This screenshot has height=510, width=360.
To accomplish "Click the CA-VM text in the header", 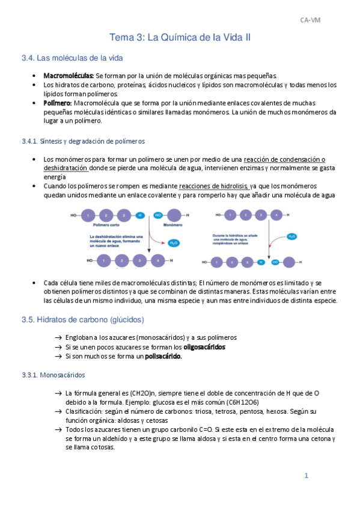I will coord(311,20).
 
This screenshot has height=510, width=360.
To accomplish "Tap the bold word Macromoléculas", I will coord(69,76).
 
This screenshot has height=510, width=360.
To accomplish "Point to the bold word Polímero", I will coord(58,103).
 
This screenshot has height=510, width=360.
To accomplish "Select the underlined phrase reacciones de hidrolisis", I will coord(213,186).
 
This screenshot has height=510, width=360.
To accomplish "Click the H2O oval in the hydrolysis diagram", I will coord(291,236).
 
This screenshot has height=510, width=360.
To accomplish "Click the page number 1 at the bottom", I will coord(306,476).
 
